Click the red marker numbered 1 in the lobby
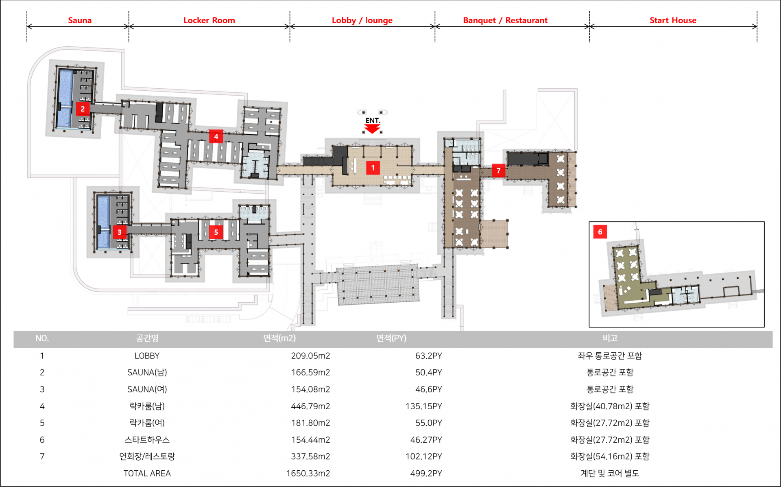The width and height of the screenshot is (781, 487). [x=373, y=168]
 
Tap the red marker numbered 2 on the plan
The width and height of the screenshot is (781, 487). [x=83, y=109]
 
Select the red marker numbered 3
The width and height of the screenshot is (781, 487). [x=119, y=232]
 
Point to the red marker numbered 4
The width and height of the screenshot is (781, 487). [x=216, y=136]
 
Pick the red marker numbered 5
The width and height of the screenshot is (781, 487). [x=216, y=232]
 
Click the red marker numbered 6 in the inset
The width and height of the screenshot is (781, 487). [x=600, y=232]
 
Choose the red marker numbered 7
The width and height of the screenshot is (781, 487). [x=498, y=170]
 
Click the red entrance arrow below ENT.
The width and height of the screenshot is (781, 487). [x=372, y=129]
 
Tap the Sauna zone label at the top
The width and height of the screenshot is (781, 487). [x=80, y=20]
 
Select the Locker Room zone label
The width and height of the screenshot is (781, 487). [x=209, y=20]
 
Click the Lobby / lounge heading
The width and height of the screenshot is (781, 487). [x=362, y=20]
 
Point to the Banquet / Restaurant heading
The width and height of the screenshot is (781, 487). [x=505, y=20]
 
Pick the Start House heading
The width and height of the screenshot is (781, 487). [x=673, y=20]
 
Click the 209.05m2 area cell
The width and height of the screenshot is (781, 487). [x=310, y=356]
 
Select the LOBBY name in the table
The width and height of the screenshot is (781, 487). [x=147, y=356]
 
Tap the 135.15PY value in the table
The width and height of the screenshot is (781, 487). [x=423, y=406]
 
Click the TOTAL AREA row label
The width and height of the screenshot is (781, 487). [x=147, y=473]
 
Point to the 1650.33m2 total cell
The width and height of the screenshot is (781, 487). [x=308, y=473]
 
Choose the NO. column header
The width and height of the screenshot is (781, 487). [x=42, y=338]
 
